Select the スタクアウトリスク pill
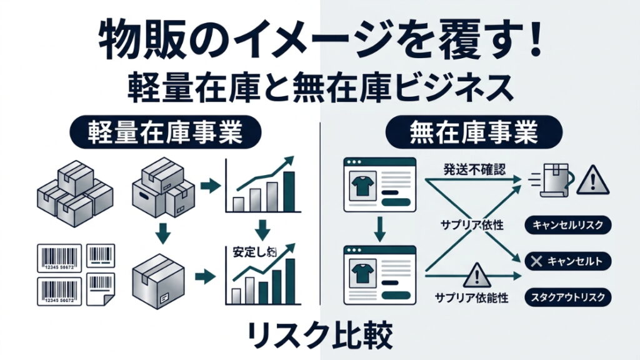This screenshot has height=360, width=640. click(569, 297)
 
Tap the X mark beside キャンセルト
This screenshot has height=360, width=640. click(535, 261)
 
